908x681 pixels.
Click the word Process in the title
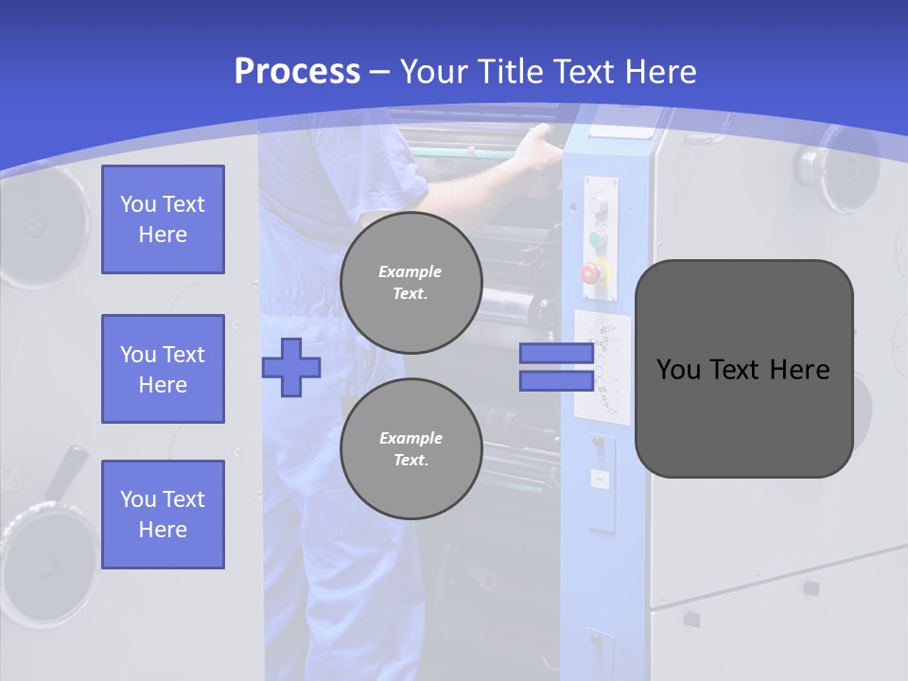pos(297,72)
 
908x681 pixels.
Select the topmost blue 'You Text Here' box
pos(163,219)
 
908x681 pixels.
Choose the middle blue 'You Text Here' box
pos(163,369)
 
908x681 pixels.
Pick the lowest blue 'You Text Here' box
pos(163,515)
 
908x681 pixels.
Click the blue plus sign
pos(290,367)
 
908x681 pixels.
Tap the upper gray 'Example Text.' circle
pos(410,282)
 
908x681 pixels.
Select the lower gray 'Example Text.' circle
pos(410,448)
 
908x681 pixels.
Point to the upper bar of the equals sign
pos(556,354)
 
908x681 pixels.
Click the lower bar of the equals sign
pos(556,380)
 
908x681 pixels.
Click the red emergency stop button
pos(591,273)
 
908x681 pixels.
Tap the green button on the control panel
pos(597,238)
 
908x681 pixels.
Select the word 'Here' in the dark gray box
pos(798,370)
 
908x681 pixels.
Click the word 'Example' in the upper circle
pos(410,271)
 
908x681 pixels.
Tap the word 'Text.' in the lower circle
pos(410,460)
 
